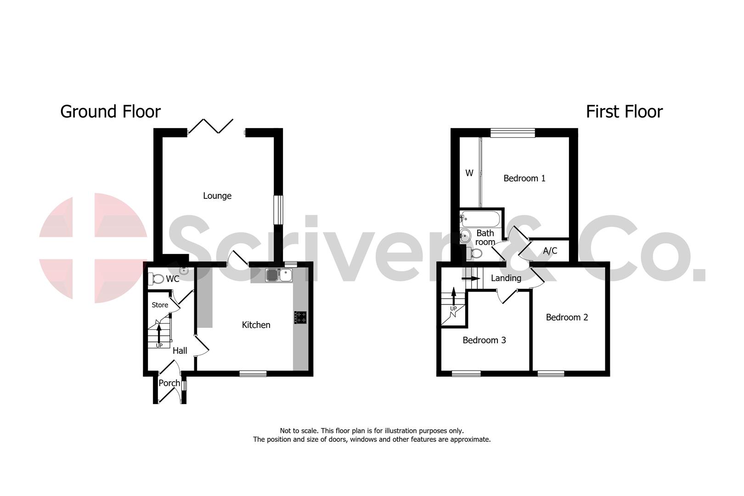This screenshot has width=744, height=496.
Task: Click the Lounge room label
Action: click(217, 196)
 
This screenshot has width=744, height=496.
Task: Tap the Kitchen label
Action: click(256, 325)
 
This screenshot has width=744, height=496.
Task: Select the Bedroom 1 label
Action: click(524, 178)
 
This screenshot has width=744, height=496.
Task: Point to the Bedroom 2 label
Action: click(567, 317)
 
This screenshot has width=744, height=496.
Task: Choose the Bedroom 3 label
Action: click(484, 340)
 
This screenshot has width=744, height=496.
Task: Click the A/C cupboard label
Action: click(550, 251)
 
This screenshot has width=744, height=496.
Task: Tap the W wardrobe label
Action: click(469, 173)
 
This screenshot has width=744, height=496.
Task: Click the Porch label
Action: click(169, 383)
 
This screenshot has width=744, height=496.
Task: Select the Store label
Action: click(160, 305)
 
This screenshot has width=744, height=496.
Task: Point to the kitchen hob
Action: click(301, 318)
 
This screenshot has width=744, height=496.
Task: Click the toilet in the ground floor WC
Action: click(157, 279)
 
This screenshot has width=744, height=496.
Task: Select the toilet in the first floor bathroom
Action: click(475, 253)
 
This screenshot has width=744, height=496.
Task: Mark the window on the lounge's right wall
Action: click(278, 210)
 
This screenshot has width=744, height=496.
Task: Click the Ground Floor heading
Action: click(110, 112)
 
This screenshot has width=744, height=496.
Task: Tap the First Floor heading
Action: click(624, 112)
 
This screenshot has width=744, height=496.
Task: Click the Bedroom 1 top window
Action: click(512, 133)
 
